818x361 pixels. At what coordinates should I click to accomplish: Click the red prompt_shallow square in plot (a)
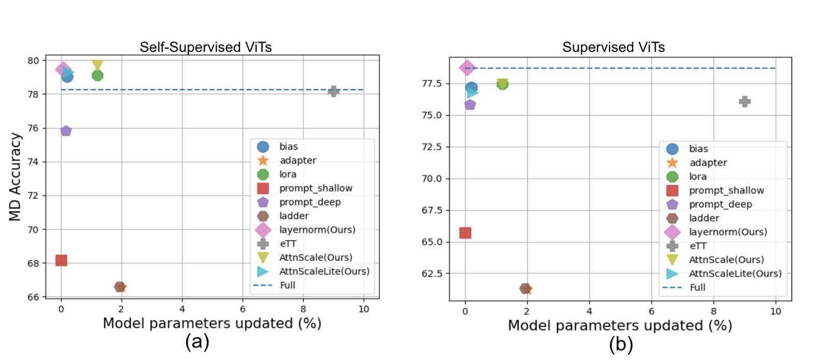coord(61,260)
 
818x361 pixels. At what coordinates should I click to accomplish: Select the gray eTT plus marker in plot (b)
coord(744,102)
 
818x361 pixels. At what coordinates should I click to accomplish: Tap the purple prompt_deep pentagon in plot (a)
coord(66,131)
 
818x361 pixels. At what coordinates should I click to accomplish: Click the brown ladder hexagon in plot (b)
coord(525,288)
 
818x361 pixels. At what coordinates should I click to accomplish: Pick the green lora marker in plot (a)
coord(97,75)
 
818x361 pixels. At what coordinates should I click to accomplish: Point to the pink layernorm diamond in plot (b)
coord(467,67)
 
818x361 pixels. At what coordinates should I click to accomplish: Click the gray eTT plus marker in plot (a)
coord(334,91)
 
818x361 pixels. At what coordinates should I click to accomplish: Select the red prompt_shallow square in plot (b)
coord(465,233)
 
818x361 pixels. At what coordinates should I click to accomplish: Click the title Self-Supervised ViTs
coord(205,47)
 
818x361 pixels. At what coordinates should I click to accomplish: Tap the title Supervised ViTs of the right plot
coord(613,47)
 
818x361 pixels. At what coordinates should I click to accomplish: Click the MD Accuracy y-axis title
coord(16,177)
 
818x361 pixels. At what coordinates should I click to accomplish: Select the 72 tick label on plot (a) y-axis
coord(33,196)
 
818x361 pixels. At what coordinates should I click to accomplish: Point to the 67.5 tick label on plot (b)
coord(431,210)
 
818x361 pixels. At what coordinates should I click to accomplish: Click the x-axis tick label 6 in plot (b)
coord(651,311)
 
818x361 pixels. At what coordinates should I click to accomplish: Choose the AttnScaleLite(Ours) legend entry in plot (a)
coord(323,271)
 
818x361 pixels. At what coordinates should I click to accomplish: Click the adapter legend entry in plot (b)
coord(708,162)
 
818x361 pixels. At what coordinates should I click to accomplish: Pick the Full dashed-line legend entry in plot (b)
coord(697,287)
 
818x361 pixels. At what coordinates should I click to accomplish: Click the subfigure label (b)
coord(621,344)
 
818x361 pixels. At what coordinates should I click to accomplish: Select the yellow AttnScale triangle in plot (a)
coord(97,65)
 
